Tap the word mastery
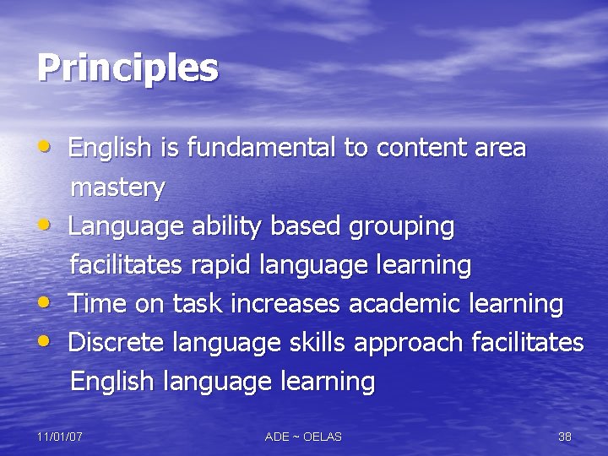pyautogui.click(x=117, y=187)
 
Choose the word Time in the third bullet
pyautogui.click(x=98, y=304)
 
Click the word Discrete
pyautogui.click(x=117, y=343)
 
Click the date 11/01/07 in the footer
pyautogui.click(x=59, y=437)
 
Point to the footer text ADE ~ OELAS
pyautogui.click(x=303, y=437)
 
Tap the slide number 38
pyautogui.click(x=565, y=437)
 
